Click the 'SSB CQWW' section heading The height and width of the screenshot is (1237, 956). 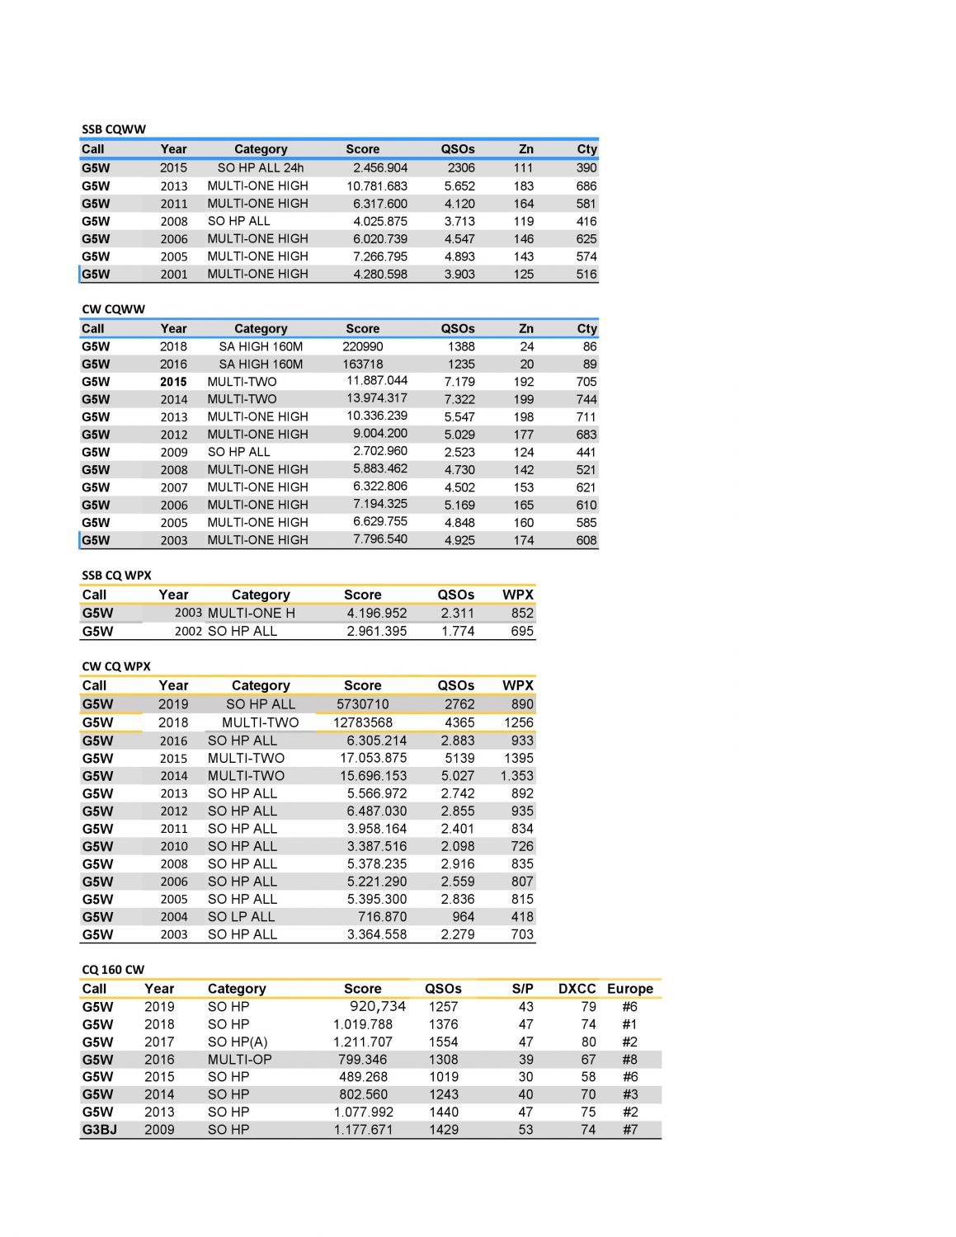[114, 129]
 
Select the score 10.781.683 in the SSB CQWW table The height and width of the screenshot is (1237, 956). [376, 186]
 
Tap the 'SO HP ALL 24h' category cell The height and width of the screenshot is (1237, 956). [261, 168]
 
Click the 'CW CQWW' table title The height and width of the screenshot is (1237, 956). [113, 309]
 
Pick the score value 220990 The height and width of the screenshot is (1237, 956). [363, 347]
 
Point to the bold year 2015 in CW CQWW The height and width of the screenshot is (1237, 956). [173, 382]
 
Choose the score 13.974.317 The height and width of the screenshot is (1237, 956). [376, 398]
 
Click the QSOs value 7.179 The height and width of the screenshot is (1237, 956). [459, 382]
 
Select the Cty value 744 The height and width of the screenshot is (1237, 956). [586, 399]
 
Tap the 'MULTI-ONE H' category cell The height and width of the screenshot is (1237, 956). [252, 613]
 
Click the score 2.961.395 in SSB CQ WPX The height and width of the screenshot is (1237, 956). [376, 631]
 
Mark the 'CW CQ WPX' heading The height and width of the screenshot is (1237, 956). [116, 666]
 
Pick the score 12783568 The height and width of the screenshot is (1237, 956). [363, 722]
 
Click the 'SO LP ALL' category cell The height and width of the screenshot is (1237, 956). [242, 917]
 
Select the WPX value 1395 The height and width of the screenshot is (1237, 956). [519, 758]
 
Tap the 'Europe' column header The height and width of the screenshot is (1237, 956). [630, 989]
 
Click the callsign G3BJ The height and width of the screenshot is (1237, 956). [99, 1130]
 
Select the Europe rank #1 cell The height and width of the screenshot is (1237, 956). [629, 1024]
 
